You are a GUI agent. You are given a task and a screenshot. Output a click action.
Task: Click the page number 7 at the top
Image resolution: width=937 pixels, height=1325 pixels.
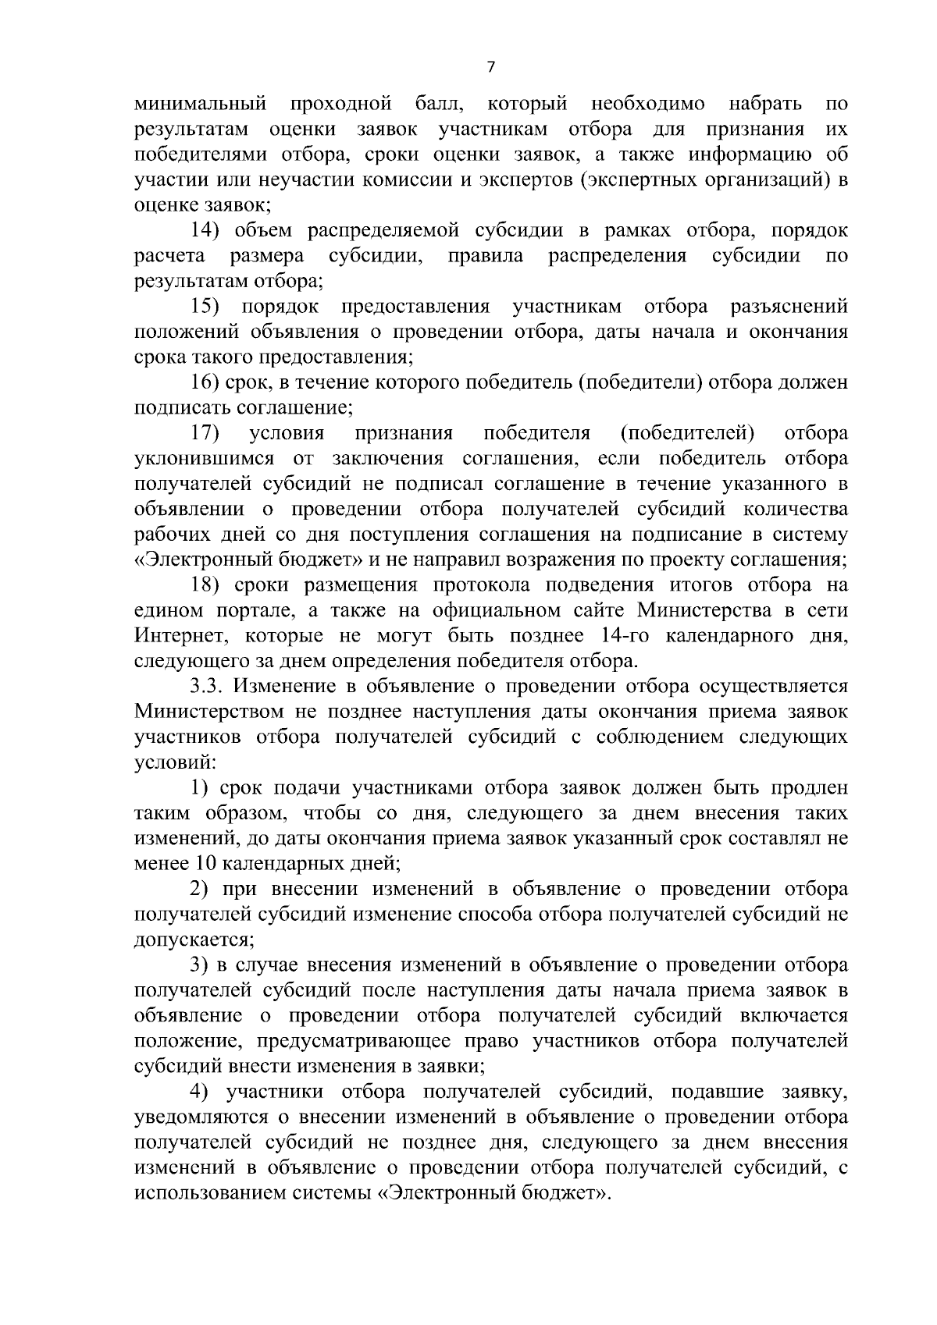pyautogui.click(x=490, y=67)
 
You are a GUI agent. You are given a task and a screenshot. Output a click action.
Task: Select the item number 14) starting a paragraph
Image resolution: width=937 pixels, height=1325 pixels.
pyautogui.click(x=208, y=231)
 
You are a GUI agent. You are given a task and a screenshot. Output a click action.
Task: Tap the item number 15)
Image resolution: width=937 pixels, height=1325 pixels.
pyautogui.click(x=208, y=307)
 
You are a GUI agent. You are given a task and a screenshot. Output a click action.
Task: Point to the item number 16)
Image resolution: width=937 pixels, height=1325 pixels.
pyautogui.click(x=208, y=382)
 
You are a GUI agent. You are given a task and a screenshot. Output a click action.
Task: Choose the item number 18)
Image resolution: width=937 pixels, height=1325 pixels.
pyautogui.click(x=208, y=585)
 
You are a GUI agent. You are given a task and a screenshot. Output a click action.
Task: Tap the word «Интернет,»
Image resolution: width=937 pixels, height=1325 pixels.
pyautogui.click(x=182, y=636)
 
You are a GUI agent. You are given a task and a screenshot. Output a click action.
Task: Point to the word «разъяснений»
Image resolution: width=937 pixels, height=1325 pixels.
pyautogui.click(x=787, y=307)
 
